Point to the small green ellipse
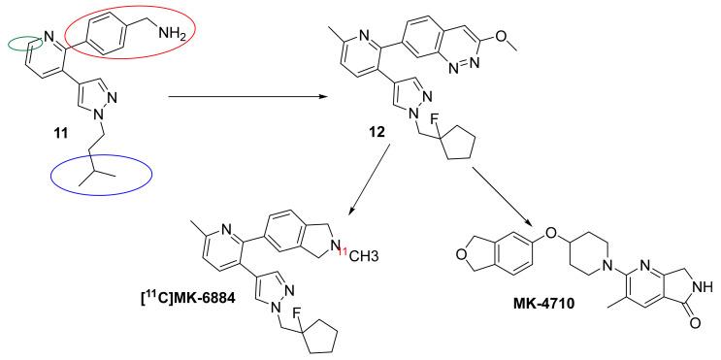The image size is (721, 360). (x=22, y=42)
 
